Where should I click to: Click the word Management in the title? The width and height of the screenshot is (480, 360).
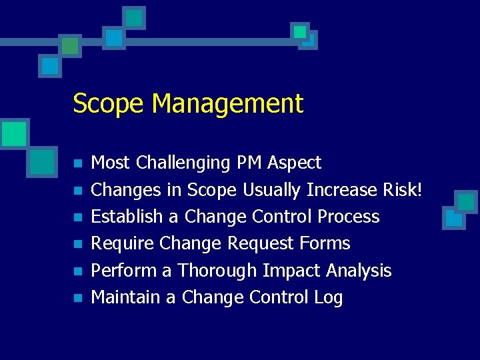pyautogui.click(x=227, y=104)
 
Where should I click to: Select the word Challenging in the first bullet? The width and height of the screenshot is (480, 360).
pyautogui.click(x=183, y=163)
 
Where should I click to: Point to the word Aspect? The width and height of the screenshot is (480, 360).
pyautogui.click(x=295, y=163)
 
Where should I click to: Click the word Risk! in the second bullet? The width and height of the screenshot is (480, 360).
pyautogui.click(x=403, y=190)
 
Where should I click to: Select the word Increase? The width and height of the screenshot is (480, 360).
pyautogui.click(x=342, y=190)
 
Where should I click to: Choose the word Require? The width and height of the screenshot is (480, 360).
pyautogui.click(x=119, y=244)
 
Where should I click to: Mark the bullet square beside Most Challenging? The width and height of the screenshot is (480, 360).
pyautogui.click(x=77, y=163)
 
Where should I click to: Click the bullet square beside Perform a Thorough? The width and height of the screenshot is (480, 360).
pyautogui.click(x=77, y=271)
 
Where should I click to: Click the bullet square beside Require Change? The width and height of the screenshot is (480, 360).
pyautogui.click(x=77, y=245)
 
